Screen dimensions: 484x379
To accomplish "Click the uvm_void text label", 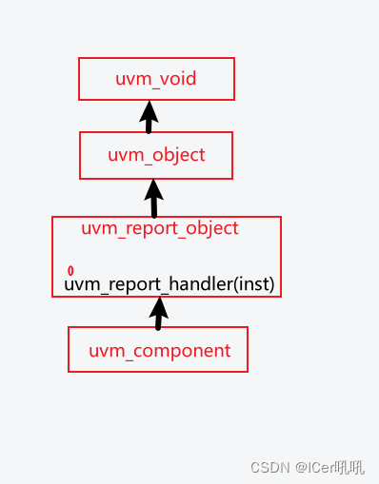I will click(155, 79).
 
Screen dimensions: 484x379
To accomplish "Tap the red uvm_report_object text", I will click(159, 228).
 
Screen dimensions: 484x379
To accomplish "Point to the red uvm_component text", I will click(159, 351).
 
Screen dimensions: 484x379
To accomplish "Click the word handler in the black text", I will click(201, 283).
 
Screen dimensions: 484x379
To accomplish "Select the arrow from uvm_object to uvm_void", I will click(148, 118).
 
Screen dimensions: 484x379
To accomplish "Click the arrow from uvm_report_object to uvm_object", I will click(153, 198).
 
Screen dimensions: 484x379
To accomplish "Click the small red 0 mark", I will click(70, 271).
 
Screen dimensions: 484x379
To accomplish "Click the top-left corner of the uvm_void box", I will click(79, 58).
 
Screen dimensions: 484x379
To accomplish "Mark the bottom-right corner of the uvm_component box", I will click(248, 371).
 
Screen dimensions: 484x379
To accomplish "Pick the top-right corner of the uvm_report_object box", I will click(281, 218).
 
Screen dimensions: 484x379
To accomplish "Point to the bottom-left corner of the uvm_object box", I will click(80, 178).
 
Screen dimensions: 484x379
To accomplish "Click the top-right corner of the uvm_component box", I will click(248, 328).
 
